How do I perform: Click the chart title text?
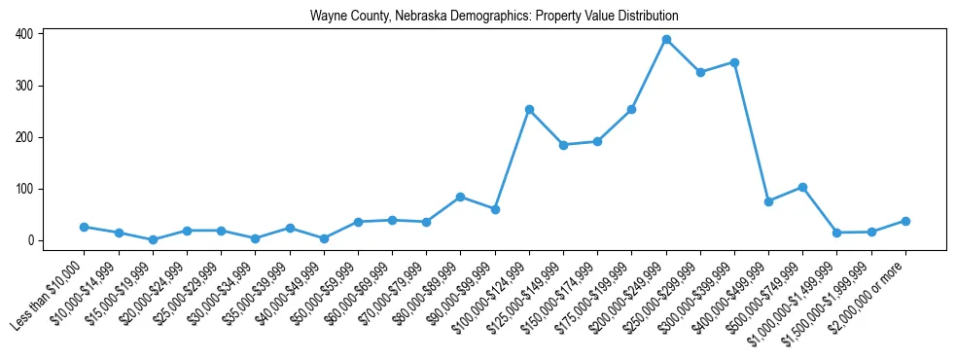(x=494, y=17)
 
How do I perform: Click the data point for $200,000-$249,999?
(x=666, y=40)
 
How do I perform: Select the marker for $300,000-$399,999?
(x=734, y=62)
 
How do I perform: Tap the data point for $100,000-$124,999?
(x=529, y=109)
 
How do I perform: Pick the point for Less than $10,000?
(x=85, y=227)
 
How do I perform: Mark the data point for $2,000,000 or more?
(x=905, y=221)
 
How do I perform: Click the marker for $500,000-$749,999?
(x=802, y=187)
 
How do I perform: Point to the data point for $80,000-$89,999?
(x=461, y=197)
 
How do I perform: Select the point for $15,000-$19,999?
(x=153, y=239)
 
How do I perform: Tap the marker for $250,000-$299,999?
(x=700, y=72)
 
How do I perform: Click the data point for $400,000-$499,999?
(x=768, y=201)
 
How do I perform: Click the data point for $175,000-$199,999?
(x=631, y=110)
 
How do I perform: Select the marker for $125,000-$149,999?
(x=563, y=145)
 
